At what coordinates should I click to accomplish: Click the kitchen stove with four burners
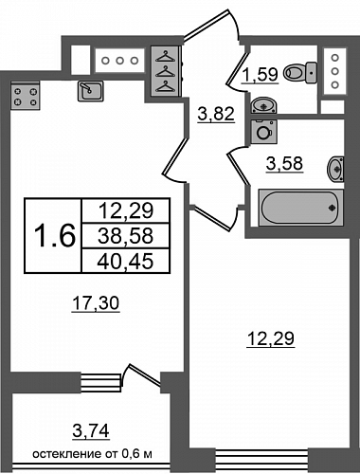26,96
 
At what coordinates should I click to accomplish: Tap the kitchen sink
91,91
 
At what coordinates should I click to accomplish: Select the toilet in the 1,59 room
300,73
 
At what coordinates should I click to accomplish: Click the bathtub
301,208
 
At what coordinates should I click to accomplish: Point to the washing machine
264,132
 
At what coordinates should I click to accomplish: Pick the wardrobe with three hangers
166,71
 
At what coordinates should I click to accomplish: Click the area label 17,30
96,303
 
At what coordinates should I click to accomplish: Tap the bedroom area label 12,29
271,339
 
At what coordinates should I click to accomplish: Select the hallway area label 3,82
216,114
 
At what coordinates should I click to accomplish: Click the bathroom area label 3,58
284,164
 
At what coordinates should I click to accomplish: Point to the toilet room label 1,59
261,75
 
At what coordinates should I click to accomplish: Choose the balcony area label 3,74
91,430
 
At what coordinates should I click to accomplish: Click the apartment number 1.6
55,236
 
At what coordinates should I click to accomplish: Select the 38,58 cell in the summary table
125,236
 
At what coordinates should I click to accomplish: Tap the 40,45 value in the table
125,262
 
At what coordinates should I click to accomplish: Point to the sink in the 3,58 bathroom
335,169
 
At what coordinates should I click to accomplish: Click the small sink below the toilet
264,105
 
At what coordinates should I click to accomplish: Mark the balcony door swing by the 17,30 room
140,375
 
